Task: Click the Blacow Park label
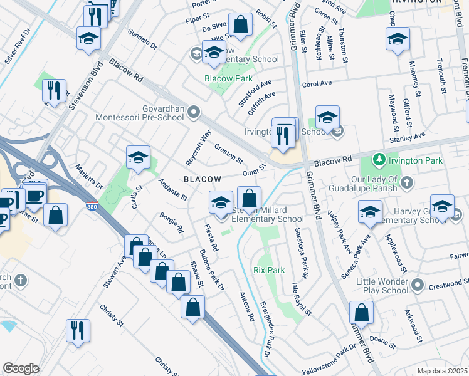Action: (x=229, y=79)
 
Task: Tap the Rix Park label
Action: (x=269, y=270)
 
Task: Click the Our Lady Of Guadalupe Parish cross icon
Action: (x=407, y=183)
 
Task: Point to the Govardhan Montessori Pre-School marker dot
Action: (x=194, y=113)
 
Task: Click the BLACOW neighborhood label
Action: (x=202, y=179)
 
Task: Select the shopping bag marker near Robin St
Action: (x=240, y=25)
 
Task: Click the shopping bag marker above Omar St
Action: (x=249, y=197)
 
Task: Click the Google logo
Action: (x=21, y=368)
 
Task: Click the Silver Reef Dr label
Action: (x=18, y=46)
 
